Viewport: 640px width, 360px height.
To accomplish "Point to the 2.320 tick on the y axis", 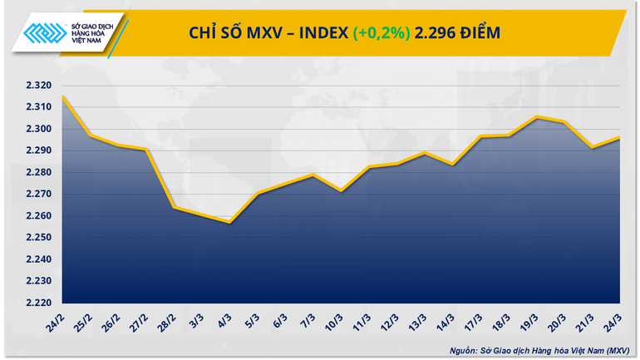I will [37, 86].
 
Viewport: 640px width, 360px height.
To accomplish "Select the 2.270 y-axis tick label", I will [37, 195].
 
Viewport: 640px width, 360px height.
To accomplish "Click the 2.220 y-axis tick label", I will [37, 303].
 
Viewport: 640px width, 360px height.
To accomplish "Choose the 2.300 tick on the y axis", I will [37, 129].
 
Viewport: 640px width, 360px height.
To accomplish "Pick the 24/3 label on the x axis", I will [618, 318].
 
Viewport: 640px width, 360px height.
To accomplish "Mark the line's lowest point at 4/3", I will [230, 222].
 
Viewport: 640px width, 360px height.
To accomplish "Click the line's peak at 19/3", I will [536, 117].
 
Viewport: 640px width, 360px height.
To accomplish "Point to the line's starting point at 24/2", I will [62, 96].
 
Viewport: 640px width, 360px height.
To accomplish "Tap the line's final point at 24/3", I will [620, 138].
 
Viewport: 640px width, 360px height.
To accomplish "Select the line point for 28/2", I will [174, 206].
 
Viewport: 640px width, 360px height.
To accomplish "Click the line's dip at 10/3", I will [342, 191].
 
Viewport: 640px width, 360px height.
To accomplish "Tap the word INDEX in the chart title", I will [319, 33].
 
